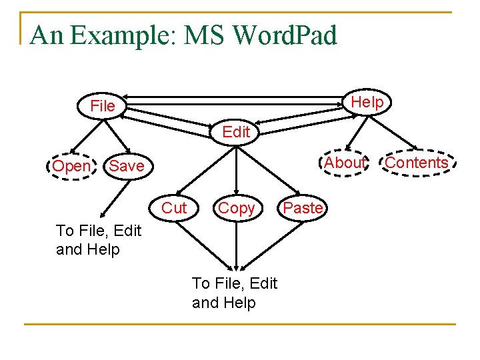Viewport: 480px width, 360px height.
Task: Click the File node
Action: pos(103,106)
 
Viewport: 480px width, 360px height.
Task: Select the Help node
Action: pos(367,102)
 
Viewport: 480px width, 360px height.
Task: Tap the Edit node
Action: pos(236,132)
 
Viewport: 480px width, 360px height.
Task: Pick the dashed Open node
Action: pos(71,166)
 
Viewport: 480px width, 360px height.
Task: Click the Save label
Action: pos(127,166)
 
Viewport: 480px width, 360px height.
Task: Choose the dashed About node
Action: pos(345,163)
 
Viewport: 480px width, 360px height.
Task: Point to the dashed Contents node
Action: pos(417,163)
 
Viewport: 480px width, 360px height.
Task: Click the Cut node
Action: pos(175,208)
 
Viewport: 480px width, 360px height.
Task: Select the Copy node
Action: pos(236,208)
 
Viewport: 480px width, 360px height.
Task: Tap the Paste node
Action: pos(303,208)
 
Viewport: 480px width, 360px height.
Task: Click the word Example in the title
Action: pos(121,35)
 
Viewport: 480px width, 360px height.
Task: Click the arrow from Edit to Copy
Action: pos(236,169)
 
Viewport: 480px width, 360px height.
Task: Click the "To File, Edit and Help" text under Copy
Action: pos(234,293)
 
